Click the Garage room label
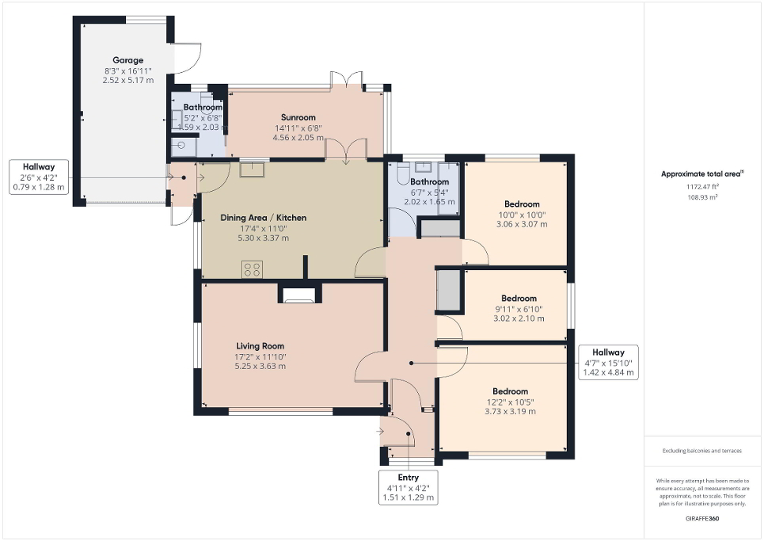127,60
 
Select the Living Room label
260,346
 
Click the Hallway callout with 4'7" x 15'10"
609,363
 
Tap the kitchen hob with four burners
253,269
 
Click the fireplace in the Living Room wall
298,295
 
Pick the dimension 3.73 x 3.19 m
510,413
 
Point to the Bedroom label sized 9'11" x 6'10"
519,299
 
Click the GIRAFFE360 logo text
702,517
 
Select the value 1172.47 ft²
702,186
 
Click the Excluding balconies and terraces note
702,451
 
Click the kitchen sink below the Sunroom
253,167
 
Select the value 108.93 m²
702,199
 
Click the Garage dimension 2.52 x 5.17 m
127,80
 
